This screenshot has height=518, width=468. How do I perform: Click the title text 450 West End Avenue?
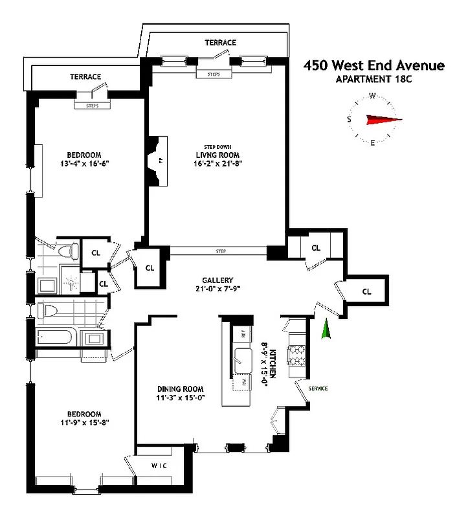(x=374, y=65)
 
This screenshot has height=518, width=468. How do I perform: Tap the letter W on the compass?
(x=373, y=96)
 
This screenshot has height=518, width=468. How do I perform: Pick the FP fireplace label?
(x=160, y=160)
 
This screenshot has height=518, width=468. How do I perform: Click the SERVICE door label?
(x=318, y=388)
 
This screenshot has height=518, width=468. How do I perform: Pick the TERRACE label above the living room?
(x=221, y=43)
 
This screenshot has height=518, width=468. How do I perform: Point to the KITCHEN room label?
(x=273, y=363)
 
